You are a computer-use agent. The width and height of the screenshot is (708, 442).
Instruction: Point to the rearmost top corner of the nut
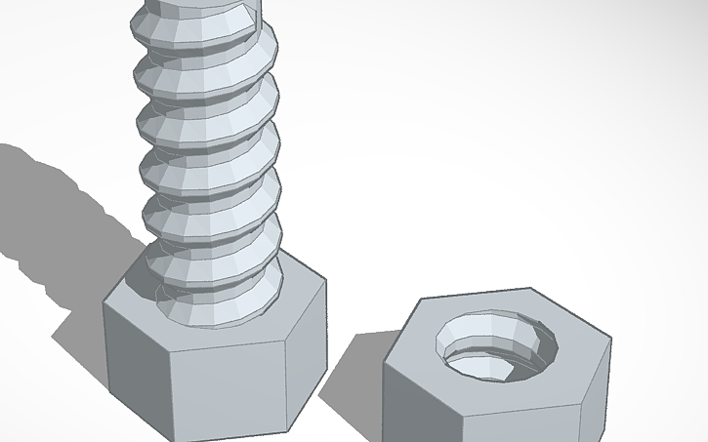pos(530,289)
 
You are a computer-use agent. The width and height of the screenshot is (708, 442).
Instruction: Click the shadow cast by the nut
pos(352,376)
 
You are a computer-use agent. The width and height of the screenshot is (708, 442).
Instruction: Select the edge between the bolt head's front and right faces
pos(291,381)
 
